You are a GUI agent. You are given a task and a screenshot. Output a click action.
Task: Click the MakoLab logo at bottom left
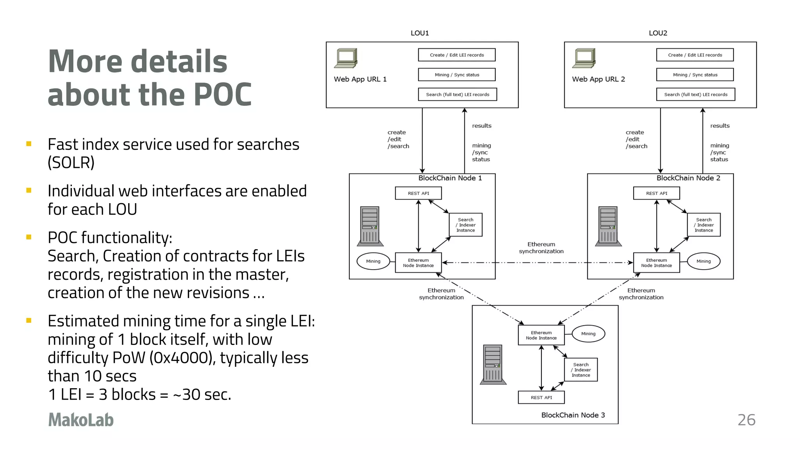(81, 420)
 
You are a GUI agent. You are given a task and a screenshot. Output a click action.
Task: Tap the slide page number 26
(746, 420)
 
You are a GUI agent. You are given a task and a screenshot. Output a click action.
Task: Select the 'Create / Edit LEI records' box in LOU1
(457, 55)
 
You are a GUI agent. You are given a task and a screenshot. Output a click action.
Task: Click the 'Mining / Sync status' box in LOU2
(695, 75)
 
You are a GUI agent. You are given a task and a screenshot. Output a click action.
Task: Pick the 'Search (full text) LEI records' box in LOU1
(457, 95)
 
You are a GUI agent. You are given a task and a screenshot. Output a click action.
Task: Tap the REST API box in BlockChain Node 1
(418, 193)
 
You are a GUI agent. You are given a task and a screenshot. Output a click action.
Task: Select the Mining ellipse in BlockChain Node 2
(703, 261)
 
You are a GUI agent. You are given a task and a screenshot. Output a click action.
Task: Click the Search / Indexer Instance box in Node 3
(581, 370)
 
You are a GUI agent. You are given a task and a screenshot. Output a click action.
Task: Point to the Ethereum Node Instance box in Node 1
(418, 263)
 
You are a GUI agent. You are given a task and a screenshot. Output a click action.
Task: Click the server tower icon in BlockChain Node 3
(493, 365)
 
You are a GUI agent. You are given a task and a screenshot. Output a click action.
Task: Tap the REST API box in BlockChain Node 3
(541, 398)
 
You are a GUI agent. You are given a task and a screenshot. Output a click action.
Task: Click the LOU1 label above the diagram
(420, 33)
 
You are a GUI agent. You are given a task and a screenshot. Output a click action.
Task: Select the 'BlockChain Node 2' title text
(688, 178)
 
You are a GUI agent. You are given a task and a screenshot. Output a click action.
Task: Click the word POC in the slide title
(223, 95)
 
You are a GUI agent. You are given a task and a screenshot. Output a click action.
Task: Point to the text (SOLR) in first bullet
(71, 162)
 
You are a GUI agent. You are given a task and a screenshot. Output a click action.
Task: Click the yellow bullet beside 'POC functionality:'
(29, 237)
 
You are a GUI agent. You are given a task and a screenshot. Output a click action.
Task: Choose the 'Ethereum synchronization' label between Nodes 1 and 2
(541, 248)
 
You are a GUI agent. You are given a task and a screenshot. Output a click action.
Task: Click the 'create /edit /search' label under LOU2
(636, 139)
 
